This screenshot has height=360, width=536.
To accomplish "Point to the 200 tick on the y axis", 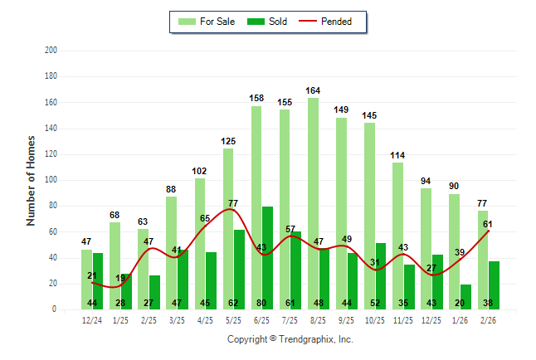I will pyautogui.click(x=51, y=51).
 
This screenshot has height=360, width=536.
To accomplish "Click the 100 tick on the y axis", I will pyautogui.click(x=51, y=180).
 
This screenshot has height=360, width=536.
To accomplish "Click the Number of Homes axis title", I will pyautogui.click(x=31, y=180).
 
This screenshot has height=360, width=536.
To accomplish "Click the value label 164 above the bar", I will pyautogui.click(x=313, y=90).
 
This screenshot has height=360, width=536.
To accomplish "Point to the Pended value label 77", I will pyautogui.click(x=233, y=202).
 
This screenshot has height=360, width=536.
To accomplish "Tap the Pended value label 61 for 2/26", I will pyautogui.click(x=489, y=224).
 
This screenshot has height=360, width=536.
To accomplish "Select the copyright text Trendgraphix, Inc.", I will pyautogui.click(x=290, y=339).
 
